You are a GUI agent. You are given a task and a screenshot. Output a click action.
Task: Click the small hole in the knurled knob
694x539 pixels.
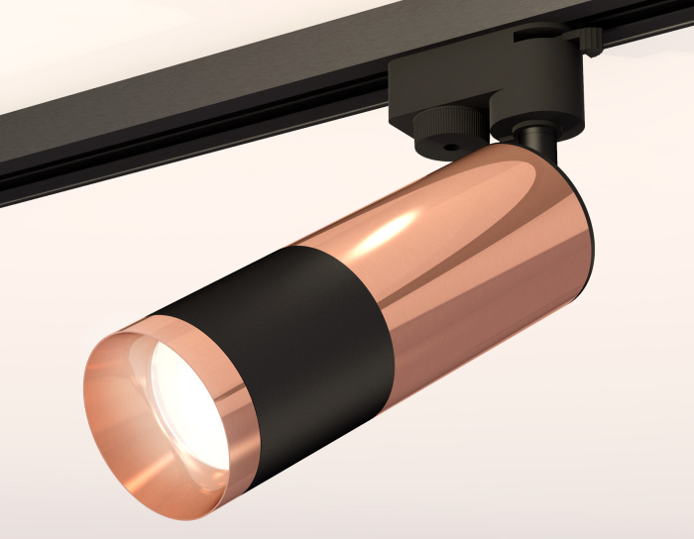coord(452,147)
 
